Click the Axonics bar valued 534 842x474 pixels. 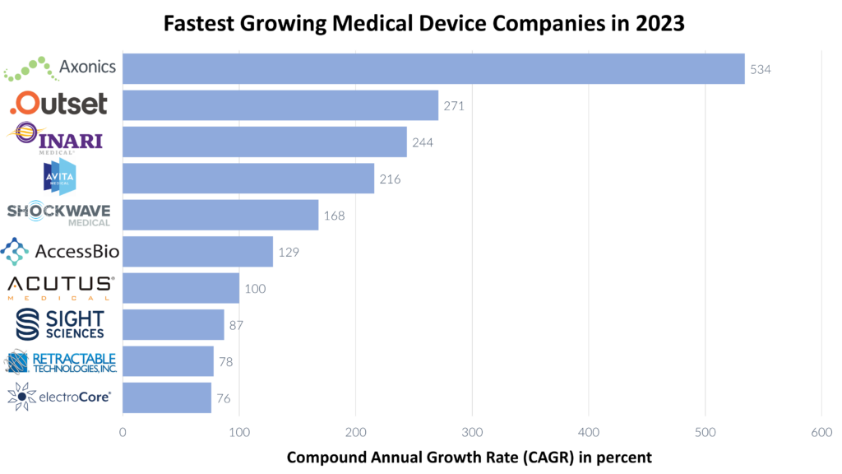coord(433,68)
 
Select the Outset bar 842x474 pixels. coord(280,105)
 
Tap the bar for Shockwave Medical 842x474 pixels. coord(220,215)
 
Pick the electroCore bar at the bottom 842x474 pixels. coord(167,398)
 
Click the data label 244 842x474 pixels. coord(423,142)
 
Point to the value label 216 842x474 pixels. coord(391,179)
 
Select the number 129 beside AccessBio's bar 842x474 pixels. coord(289,252)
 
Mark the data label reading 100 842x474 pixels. coord(255,289)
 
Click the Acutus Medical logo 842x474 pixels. coord(60,287)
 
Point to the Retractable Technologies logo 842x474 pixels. coord(62,361)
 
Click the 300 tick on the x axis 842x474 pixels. coord(472,432)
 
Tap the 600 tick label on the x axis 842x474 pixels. coord(821,432)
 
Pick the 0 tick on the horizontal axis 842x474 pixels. coord(123,432)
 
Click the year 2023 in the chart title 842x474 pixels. coord(658,23)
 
